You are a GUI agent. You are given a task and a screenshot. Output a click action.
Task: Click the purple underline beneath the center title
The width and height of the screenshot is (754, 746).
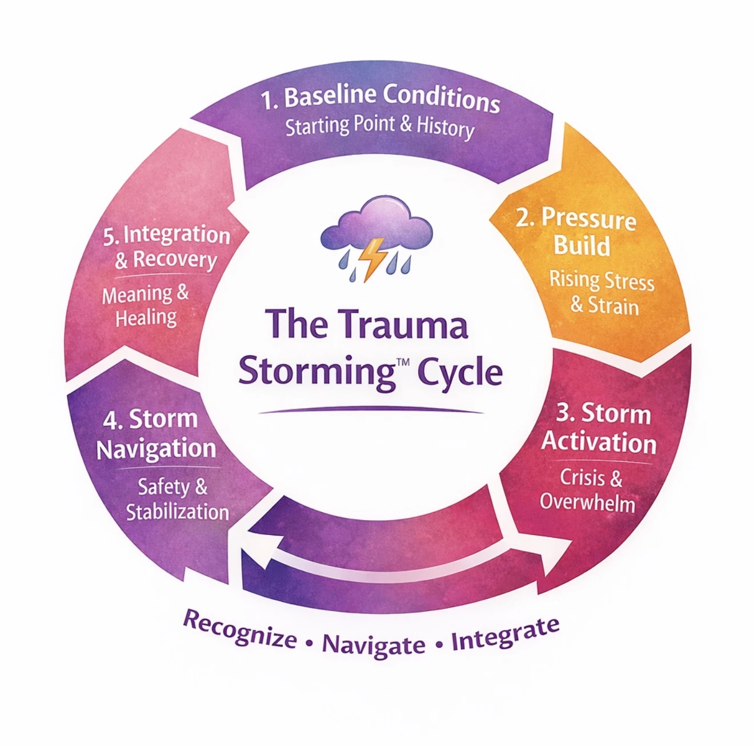[371, 410]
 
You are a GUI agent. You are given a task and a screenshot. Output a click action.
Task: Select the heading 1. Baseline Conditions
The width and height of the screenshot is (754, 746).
[380, 98]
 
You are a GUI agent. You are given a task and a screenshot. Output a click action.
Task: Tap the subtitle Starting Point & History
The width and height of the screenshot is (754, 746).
[380, 126]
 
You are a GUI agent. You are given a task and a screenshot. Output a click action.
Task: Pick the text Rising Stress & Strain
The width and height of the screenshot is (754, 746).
[601, 293]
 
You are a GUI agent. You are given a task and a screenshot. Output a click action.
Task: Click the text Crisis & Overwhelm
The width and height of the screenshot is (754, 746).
[589, 490]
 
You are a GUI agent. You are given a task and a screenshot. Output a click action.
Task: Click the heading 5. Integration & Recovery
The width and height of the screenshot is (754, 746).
[166, 247]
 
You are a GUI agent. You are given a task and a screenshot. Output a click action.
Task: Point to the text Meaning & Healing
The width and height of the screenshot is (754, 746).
[146, 306]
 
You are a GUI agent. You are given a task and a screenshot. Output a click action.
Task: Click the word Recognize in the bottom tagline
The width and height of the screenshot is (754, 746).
[240, 629]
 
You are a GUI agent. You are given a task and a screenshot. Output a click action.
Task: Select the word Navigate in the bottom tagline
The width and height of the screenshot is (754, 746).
[374, 645]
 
